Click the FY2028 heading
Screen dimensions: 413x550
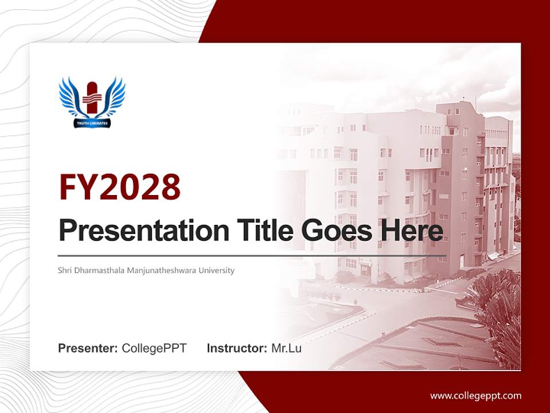120,187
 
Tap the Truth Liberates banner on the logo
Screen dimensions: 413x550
92,123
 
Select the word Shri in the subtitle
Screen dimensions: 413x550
65,270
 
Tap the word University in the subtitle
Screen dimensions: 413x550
217,270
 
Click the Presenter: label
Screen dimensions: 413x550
88,348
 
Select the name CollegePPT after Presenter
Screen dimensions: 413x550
154,348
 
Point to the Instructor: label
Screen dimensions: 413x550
237,348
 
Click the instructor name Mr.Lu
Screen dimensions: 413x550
286,348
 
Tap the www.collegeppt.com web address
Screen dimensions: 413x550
476,396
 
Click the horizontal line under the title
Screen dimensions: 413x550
252,255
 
